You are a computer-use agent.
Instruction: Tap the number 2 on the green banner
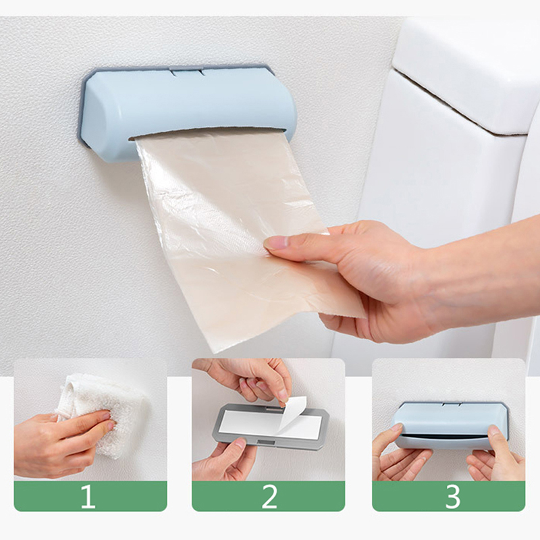(x=269, y=496)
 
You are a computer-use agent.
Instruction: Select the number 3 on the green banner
(x=453, y=496)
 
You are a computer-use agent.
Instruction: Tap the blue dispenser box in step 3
(x=450, y=425)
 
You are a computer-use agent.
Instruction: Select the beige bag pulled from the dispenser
(x=241, y=238)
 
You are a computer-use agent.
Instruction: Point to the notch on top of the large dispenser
(x=187, y=72)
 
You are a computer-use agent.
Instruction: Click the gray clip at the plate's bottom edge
(x=267, y=443)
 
